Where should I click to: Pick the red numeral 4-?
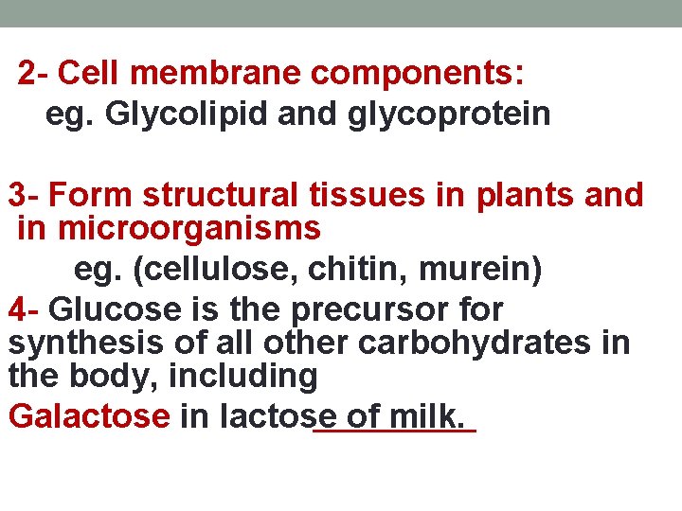(x=25, y=309)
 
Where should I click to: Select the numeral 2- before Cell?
(x=37, y=73)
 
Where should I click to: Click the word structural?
(x=223, y=196)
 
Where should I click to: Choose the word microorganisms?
(x=189, y=228)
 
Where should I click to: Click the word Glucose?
(x=107, y=309)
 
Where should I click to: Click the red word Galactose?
(x=89, y=416)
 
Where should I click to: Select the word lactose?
(x=277, y=416)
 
